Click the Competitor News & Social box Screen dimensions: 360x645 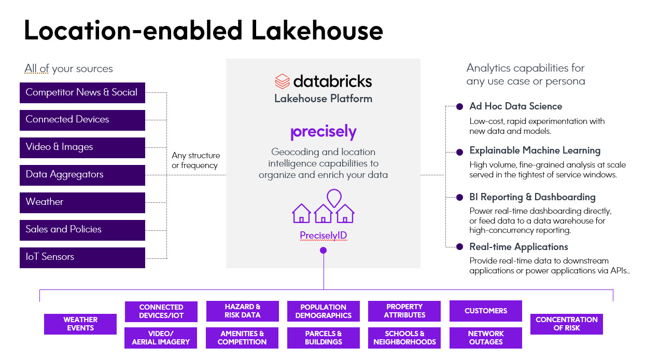(x=82, y=93)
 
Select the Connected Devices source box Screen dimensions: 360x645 (x=82, y=120)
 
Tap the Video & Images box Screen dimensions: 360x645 (x=82, y=147)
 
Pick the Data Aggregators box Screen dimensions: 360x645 (x=82, y=175)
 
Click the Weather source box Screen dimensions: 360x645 (x=82, y=202)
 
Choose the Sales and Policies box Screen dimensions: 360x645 (x=82, y=230)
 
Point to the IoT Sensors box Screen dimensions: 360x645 (x=82, y=257)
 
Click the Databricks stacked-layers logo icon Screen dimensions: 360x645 (x=282, y=81)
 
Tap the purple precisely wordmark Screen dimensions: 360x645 (x=323, y=132)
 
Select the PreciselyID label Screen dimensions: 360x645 (x=323, y=236)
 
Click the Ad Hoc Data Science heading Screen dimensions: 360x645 (x=515, y=106)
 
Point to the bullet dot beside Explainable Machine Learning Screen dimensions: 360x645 (x=459, y=152)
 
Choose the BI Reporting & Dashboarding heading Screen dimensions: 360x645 (x=532, y=197)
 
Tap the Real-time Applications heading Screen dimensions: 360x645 (x=518, y=247)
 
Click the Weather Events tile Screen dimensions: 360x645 (x=80, y=324)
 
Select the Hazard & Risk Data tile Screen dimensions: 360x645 (x=242, y=311)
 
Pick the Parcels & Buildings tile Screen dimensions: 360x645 (x=323, y=338)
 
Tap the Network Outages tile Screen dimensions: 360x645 (x=485, y=338)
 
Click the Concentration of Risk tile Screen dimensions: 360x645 (x=566, y=324)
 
